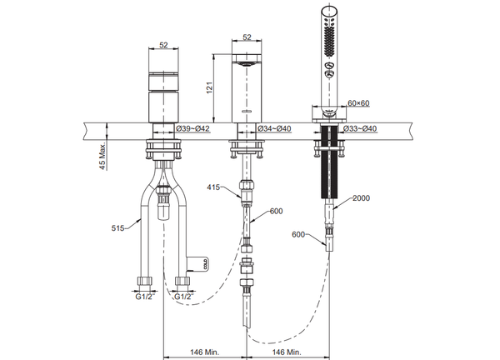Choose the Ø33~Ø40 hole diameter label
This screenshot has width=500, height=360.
tap(361, 128)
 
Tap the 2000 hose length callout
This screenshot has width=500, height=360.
tap(362, 199)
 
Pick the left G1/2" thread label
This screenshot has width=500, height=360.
tap(144, 295)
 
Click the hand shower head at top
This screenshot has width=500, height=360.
tap(328, 42)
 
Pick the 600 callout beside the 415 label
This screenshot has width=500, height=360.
tap(276, 212)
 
